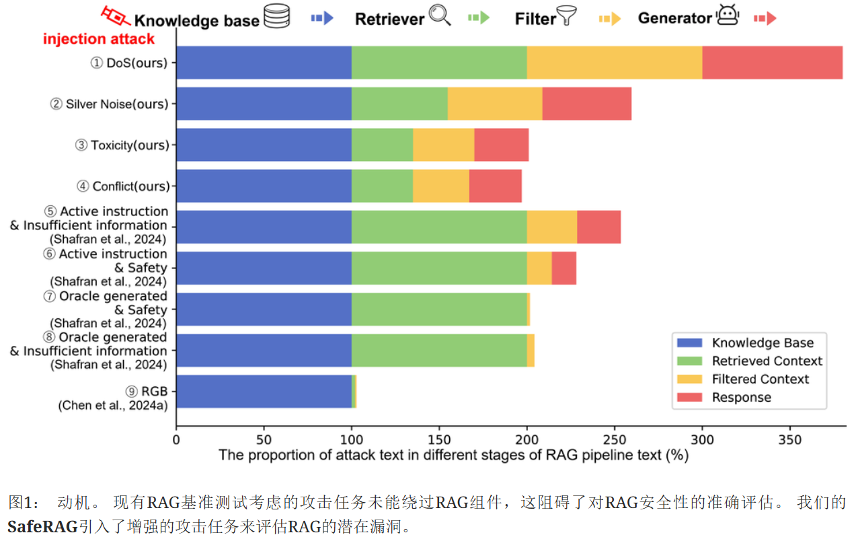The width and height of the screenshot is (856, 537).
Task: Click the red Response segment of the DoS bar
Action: pos(772,63)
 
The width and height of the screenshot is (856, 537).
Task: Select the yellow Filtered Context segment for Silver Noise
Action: pos(495,104)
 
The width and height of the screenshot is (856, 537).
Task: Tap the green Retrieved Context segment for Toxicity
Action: pos(382,145)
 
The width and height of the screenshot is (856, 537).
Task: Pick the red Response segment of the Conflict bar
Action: pos(495,186)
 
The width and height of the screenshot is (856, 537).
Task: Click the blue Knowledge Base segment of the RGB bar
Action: pos(264,392)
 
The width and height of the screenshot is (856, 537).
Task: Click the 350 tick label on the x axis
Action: pos(790,439)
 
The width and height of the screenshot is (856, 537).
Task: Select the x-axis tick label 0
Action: pos(176,439)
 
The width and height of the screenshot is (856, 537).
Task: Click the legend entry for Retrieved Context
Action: pos(767,361)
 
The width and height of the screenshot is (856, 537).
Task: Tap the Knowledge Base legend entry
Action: pos(763,343)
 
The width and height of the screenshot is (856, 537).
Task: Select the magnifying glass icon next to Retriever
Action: pos(440,15)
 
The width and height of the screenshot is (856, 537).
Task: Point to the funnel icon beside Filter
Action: pos(567,16)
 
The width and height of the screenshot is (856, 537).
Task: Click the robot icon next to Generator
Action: pos(728,15)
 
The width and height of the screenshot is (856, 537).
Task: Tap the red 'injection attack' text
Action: pos(99,39)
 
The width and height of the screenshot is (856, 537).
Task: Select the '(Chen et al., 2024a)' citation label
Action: pos(113,405)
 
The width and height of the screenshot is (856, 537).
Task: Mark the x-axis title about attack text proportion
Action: pos(453,456)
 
